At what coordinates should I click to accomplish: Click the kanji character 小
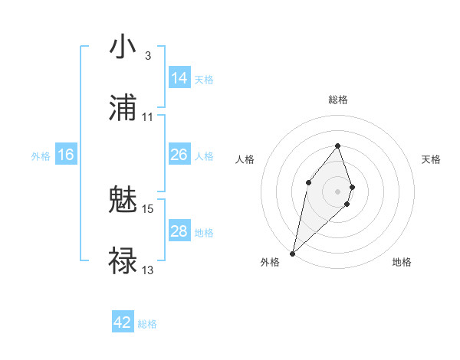coord(123,47)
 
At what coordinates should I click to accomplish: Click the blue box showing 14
coord(179,78)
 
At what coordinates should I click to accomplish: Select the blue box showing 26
coord(179,155)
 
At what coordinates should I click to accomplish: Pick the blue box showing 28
coord(179,231)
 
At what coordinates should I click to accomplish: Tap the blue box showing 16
coord(66,155)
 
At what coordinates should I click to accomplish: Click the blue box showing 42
coord(123,322)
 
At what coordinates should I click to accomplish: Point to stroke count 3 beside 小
coord(147,56)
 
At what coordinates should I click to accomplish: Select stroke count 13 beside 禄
coord(148,270)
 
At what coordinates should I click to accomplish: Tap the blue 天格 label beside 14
coord(204,79)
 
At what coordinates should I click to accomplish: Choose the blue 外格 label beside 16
coord(41,155)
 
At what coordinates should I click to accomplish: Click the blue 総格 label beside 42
coord(147,324)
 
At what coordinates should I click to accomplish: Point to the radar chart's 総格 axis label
coord(338,100)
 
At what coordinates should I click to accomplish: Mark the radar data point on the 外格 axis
coord(292,253)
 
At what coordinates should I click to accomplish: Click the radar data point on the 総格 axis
coord(337,146)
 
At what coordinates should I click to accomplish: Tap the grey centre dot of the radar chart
coord(337,191)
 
